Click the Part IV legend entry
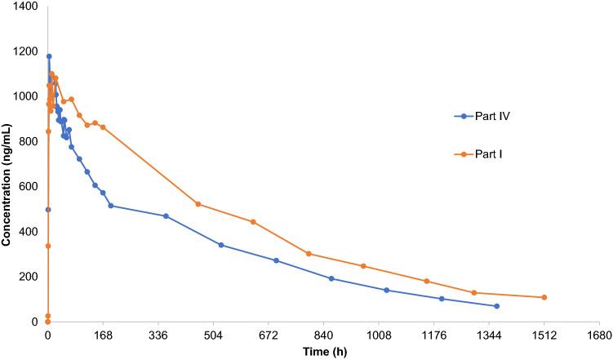(x=490, y=116)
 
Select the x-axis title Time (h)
(x=323, y=351)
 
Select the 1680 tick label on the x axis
(x=599, y=335)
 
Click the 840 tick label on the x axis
(x=323, y=335)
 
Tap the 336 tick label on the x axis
(x=158, y=335)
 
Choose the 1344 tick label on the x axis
(x=489, y=335)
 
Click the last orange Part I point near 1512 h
(x=544, y=297)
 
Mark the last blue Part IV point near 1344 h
(x=496, y=306)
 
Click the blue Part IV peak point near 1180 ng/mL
(x=49, y=56)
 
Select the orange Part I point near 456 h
(x=198, y=204)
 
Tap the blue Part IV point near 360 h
(x=166, y=216)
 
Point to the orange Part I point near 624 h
(x=253, y=222)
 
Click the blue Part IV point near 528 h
(x=221, y=245)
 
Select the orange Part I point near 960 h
(x=363, y=266)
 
